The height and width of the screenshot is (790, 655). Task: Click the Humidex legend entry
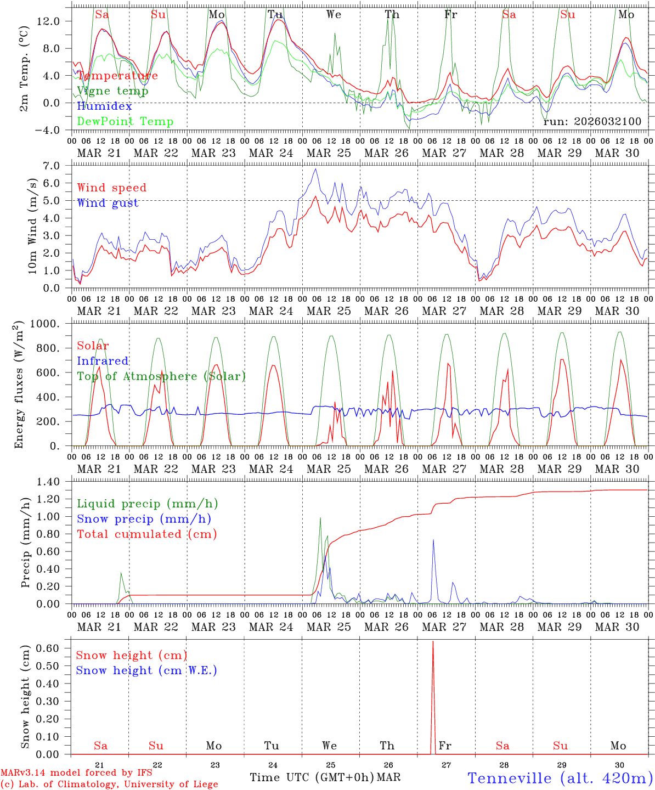pyautogui.click(x=104, y=106)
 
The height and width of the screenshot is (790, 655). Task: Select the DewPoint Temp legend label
pyautogui.click(x=125, y=121)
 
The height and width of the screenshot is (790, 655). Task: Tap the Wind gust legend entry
pyautogui.click(x=108, y=203)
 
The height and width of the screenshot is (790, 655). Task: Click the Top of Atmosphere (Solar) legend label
pyautogui.click(x=161, y=376)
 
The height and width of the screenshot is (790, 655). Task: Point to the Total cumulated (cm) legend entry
pyautogui.click(x=146, y=534)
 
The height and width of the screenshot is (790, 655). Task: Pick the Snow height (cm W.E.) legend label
pyautogui.click(x=146, y=670)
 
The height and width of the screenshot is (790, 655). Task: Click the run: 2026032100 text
pyautogui.click(x=592, y=121)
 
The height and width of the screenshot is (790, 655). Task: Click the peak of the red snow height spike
pyautogui.click(x=433, y=641)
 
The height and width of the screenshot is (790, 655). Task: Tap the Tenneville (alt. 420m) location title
pyautogui.click(x=560, y=778)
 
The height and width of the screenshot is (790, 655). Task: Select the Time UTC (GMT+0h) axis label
pyautogui.click(x=312, y=777)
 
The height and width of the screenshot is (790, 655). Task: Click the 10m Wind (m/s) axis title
pyautogui.click(x=32, y=226)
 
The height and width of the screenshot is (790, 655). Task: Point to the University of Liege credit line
pyautogui.click(x=109, y=784)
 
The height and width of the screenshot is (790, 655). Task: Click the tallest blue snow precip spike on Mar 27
pyautogui.click(x=433, y=540)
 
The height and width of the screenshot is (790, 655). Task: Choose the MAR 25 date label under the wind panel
pyautogui.click(x=329, y=311)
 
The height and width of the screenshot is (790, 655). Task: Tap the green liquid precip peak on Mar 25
pyautogui.click(x=320, y=518)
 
